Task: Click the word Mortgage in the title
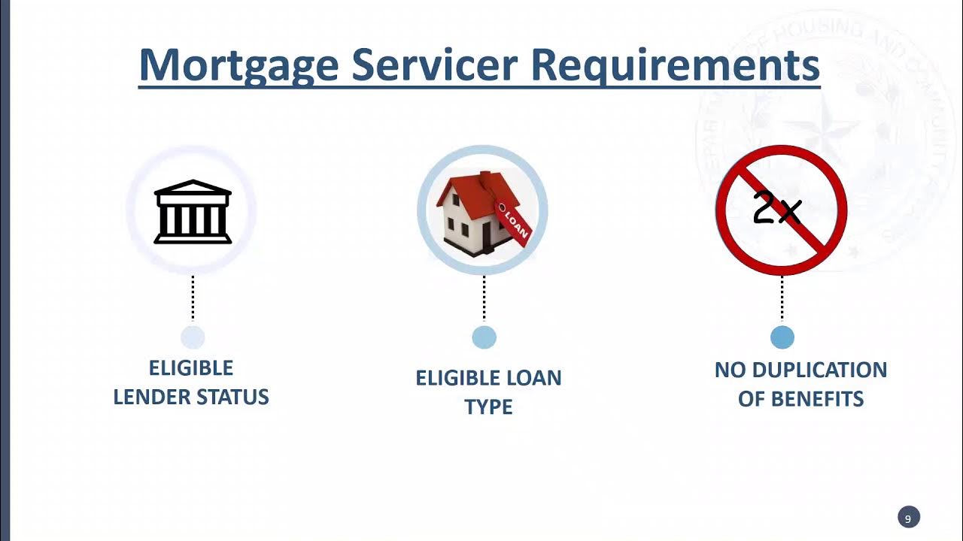(x=238, y=65)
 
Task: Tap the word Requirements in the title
(x=675, y=65)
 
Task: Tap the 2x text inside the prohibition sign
(x=776, y=209)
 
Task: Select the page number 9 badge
(x=908, y=518)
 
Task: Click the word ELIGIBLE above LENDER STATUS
(x=191, y=368)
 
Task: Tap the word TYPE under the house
(x=488, y=407)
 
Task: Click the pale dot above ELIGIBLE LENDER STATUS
(x=193, y=337)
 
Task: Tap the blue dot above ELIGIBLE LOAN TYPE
(x=484, y=337)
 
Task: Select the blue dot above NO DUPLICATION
(x=782, y=337)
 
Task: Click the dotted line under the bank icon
(x=193, y=298)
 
